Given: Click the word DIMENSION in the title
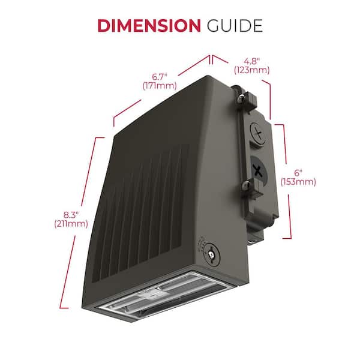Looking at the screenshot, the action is (149, 25).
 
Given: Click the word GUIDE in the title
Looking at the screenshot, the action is (235, 25).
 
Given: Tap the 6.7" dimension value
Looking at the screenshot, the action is (160, 77).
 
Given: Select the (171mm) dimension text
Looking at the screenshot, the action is (160, 86).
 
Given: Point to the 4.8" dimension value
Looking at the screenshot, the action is (251, 61).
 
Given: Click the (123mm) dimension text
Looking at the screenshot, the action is (251, 70).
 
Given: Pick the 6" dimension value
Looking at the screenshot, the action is (298, 173).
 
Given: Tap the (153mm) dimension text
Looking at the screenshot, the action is (298, 182).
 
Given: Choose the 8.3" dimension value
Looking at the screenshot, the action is (71, 215).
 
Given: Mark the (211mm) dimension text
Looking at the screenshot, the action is (71, 224).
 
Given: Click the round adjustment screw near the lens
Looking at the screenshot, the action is (211, 254).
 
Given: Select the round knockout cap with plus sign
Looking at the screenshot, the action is (259, 133).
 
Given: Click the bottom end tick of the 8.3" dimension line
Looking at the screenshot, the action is (64, 308).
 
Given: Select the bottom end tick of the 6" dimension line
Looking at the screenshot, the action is (287, 238).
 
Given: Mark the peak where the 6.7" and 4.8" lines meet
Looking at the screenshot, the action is (211, 56).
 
